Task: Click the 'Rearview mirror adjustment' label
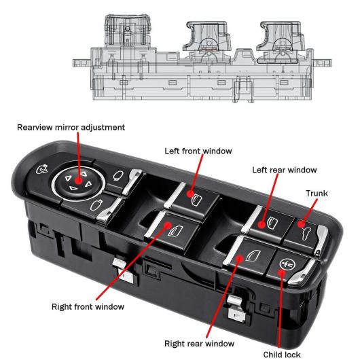tap(71, 128)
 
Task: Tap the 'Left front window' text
tap(198, 151)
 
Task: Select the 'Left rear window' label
tap(285, 170)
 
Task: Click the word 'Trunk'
tap(317, 194)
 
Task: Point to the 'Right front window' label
tap(88, 307)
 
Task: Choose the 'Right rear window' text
tap(199, 344)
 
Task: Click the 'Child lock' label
tap(282, 355)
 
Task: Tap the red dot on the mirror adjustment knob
tap(79, 181)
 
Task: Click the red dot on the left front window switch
tap(190, 194)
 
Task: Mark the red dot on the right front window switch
tap(168, 226)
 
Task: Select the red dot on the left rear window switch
tap(262, 225)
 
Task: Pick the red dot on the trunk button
tap(301, 224)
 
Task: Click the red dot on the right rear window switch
tap(240, 259)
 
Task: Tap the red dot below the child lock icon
tap(281, 273)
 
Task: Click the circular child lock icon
tap(287, 264)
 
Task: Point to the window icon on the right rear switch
tap(253, 255)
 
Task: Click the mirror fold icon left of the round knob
tap(41, 170)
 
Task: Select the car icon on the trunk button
tap(307, 234)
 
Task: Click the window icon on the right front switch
tap(176, 231)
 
